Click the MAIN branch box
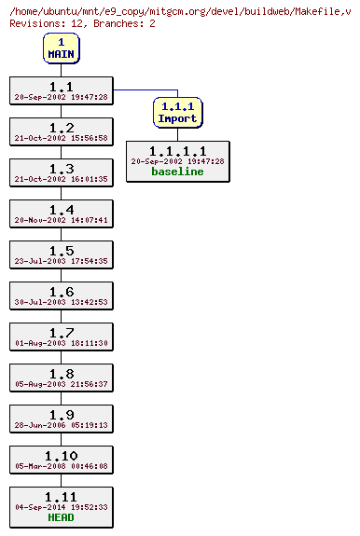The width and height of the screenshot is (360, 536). [62, 48]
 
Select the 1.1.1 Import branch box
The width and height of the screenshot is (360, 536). [177, 113]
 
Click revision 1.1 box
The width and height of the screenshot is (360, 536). [62, 90]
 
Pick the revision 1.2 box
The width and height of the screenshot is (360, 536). [62, 131]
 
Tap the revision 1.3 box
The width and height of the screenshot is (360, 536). [62, 172]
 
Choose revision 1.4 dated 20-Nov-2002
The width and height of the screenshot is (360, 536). [62, 213]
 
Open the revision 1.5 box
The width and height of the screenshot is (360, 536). [62, 254]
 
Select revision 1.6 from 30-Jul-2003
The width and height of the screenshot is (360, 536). [62, 295]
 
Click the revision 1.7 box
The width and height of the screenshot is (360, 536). [62, 337]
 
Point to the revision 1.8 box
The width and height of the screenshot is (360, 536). [62, 378]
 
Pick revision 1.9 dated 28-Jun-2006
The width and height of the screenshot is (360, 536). [62, 419]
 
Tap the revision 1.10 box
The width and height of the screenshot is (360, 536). [62, 460]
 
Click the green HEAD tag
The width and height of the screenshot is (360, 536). [62, 518]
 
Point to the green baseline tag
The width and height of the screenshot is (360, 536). [177, 172]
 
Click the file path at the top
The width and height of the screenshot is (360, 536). [179, 9]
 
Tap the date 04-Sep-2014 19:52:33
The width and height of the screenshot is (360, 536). [62, 508]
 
